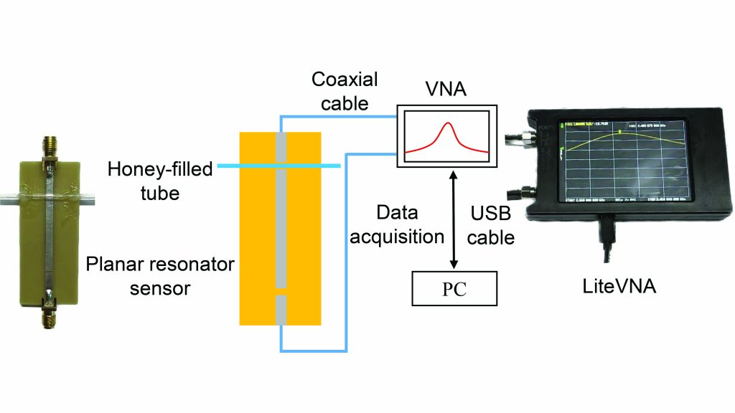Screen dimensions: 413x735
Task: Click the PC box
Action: (x=454, y=288)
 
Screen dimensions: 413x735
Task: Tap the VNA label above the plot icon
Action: (x=446, y=92)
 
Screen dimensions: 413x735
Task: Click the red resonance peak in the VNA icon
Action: (x=449, y=127)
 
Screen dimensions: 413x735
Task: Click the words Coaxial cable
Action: (x=345, y=91)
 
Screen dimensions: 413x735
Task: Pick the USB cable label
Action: (x=491, y=225)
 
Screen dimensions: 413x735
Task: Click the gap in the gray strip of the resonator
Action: (x=281, y=291)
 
